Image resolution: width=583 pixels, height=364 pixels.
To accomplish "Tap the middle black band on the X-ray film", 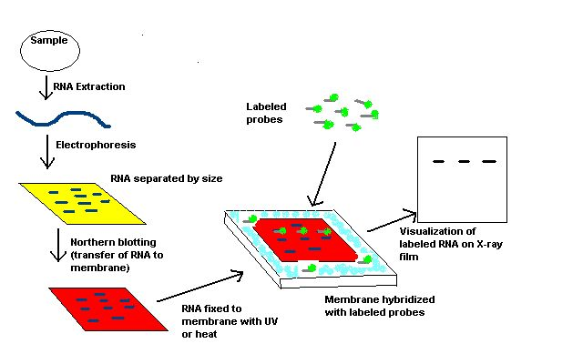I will (x=465, y=161).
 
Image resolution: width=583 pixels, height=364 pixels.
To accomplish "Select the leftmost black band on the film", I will (x=439, y=161).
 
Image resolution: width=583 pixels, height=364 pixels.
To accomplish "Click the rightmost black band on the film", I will (x=489, y=161).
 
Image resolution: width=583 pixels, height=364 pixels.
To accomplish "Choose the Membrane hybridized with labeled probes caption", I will (x=380, y=306).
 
